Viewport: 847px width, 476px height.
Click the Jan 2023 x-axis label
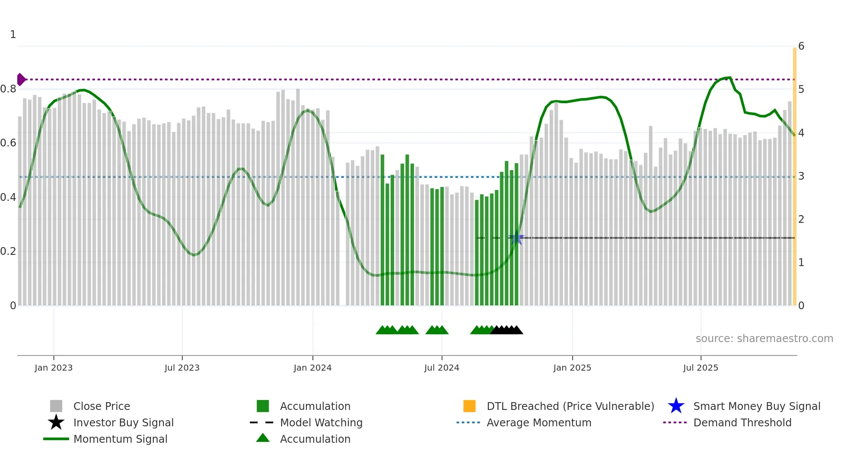[x=54, y=368]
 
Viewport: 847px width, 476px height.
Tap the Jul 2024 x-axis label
[x=442, y=368]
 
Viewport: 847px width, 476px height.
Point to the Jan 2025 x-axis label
[x=572, y=368]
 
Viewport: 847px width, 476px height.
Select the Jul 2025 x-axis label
[x=701, y=368]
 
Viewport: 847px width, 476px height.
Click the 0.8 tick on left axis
[x=8, y=89]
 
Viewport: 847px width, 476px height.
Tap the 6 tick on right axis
[x=801, y=46]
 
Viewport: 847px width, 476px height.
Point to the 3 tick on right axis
[x=801, y=176]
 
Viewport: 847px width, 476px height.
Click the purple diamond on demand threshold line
[x=21, y=79]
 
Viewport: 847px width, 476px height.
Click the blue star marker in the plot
[x=516, y=238]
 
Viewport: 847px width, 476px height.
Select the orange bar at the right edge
[x=794, y=173]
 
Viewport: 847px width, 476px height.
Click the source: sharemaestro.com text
[x=764, y=339]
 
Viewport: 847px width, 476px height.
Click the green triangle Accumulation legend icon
[x=263, y=438]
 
